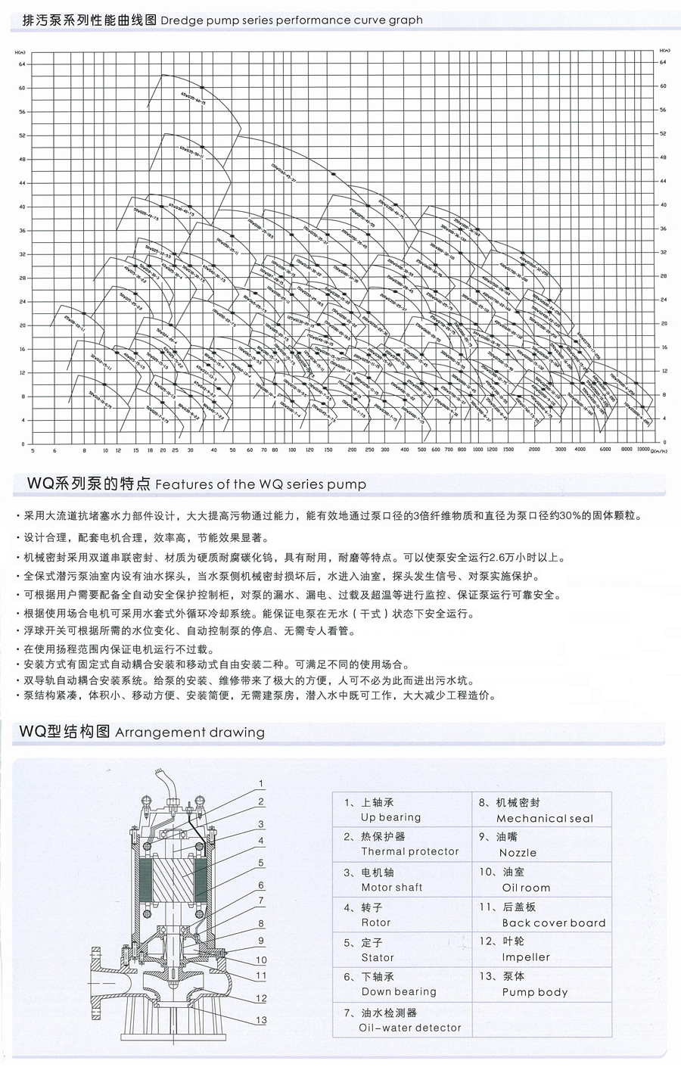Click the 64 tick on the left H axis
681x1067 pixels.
click(22, 64)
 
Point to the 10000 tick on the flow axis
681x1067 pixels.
click(643, 450)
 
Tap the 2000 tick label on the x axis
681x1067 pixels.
click(533, 450)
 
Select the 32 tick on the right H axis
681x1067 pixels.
click(664, 252)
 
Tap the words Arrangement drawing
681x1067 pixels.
click(190, 733)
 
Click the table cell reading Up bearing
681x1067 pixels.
click(390, 817)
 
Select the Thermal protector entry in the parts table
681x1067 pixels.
click(409, 851)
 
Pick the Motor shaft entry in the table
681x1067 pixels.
click(391, 887)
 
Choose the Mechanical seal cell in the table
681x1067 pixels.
click(545, 818)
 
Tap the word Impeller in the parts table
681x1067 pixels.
click(526, 957)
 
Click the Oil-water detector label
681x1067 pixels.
click(409, 1028)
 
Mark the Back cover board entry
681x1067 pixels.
click(554, 922)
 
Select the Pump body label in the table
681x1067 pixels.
click(534, 992)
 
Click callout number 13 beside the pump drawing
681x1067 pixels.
click(261, 1020)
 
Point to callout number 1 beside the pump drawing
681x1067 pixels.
click(261, 783)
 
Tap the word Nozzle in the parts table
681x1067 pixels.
click(518, 852)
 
